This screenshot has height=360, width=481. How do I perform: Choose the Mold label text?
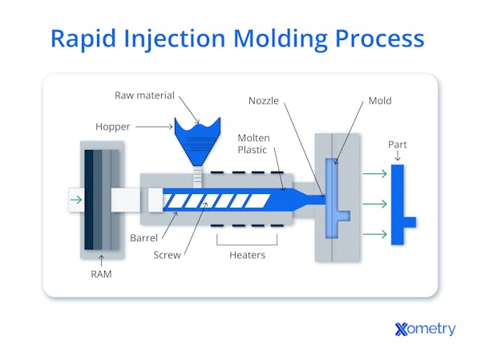click(x=380, y=102)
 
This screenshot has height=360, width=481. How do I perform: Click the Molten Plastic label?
click(x=253, y=144)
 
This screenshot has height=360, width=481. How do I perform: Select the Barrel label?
click(x=146, y=238)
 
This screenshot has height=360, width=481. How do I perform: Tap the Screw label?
click(x=167, y=255)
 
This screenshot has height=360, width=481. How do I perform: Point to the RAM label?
click(x=102, y=274)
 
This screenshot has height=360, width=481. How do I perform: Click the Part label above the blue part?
click(x=397, y=144)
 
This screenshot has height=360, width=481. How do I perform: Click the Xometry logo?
click(x=425, y=328)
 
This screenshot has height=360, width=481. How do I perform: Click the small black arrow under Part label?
click(x=397, y=157)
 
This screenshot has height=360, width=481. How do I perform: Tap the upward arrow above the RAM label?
click(x=102, y=260)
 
